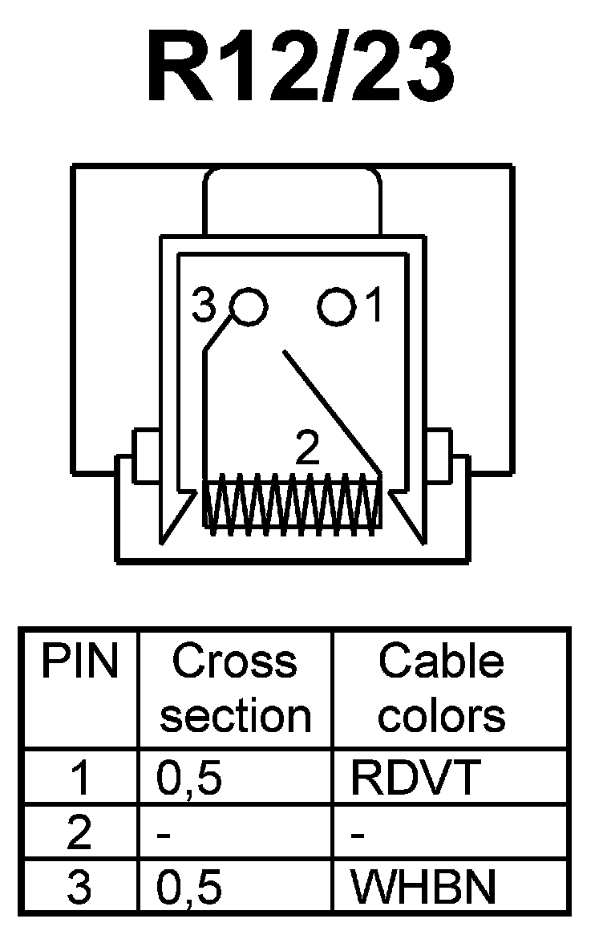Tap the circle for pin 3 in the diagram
click(x=248, y=306)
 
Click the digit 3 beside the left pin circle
click(x=205, y=307)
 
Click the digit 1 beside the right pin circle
click(x=373, y=307)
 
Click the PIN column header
click(x=80, y=662)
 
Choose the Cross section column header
click(x=235, y=689)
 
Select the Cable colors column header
click(x=442, y=689)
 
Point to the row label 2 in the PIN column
click(x=80, y=833)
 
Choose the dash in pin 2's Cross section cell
click(x=166, y=836)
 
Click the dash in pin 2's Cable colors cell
click(x=358, y=836)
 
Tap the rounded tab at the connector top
click(x=292, y=200)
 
